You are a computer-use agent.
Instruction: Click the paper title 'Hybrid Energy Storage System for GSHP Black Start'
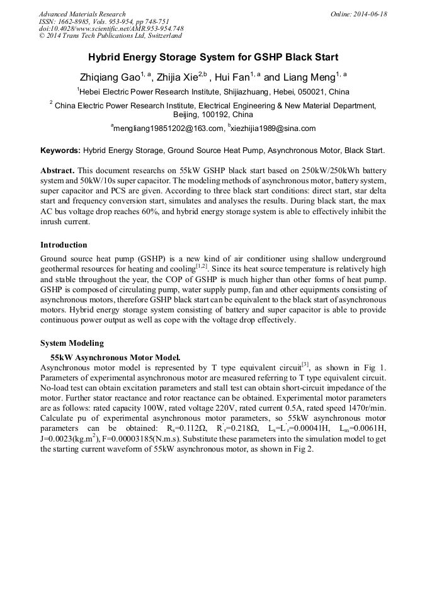coord(214,57)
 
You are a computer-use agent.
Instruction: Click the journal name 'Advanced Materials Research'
coord(83,14)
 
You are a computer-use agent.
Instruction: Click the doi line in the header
coord(111,28)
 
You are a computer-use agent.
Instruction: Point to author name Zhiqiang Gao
coord(108,78)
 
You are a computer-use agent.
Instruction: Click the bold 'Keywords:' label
coord(60,151)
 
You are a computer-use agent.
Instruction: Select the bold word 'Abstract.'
coord(58,171)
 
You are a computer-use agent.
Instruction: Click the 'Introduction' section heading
coord(64,245)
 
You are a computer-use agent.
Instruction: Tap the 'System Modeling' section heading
coord(72,343)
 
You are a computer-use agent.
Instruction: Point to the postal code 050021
coord(317,92)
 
